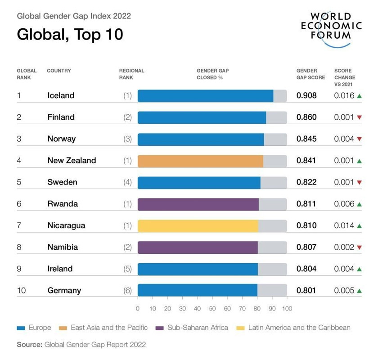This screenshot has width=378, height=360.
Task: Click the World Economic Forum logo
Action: point(331,28)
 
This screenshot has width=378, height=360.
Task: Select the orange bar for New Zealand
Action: point(200,161)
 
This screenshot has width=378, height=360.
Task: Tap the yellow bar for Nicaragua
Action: point(198,225)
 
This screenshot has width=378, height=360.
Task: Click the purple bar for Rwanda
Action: point(198,204)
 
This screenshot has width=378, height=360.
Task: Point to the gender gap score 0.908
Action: point(306,95)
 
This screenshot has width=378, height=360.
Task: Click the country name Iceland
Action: point(61,95)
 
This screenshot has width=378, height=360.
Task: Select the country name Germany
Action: point(64,290)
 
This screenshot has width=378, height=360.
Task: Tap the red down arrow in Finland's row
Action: point(359,117)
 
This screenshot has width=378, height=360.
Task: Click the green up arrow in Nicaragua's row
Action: point(359,225)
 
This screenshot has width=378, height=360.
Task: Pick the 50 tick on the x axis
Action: point(212,308)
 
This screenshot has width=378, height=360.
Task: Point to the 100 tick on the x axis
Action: point(287,308)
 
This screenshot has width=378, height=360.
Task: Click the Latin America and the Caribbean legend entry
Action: point(299,328)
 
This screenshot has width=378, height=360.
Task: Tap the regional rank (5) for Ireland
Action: point(128,269)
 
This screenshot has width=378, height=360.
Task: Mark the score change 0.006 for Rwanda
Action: point(344,204)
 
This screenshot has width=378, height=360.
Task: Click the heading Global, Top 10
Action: point(70,34)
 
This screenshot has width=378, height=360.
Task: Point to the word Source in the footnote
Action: point(29,345)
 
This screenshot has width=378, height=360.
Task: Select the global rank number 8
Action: point(19,247)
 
